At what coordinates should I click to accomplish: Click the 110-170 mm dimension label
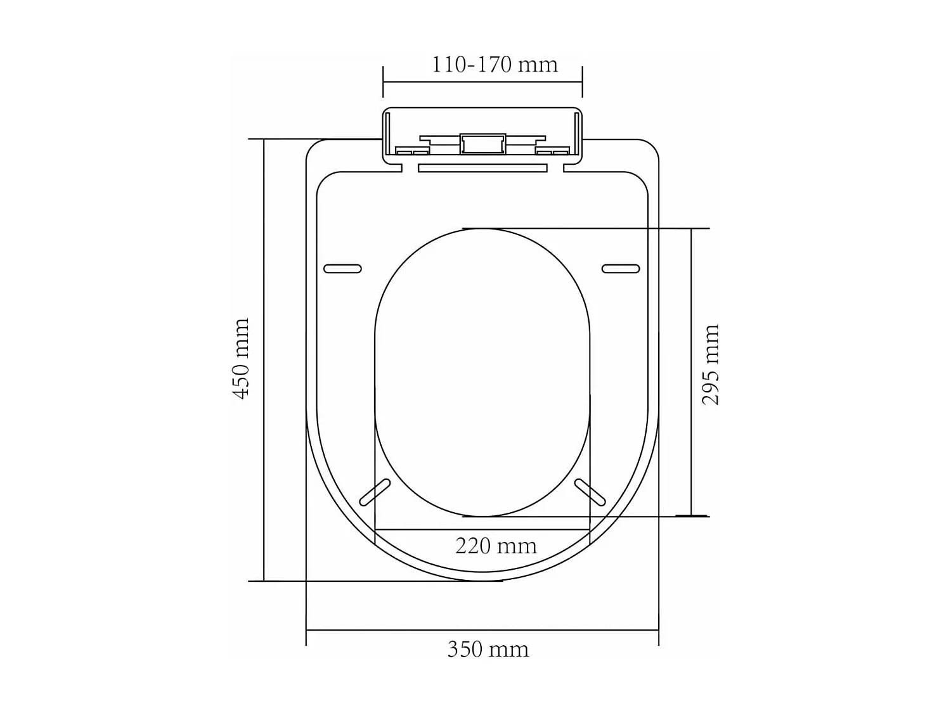coord(495,65)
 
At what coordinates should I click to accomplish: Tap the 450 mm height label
coord(242,359)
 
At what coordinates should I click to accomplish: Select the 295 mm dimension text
coord(711,364)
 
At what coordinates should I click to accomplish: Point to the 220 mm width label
coord(496,546)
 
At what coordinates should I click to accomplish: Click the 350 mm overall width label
coord(488,650)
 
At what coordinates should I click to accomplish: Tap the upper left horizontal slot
coord(342,269)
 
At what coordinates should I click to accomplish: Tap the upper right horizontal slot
coord(621,269)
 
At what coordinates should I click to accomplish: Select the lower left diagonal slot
coord(375,492)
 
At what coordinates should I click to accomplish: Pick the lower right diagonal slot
coord(590,492)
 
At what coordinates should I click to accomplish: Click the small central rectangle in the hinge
coord(482,144)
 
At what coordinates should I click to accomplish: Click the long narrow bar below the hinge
coord(482,168)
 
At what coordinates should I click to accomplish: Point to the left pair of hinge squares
coord(412,151)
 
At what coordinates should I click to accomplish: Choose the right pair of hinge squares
coord(552,151)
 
